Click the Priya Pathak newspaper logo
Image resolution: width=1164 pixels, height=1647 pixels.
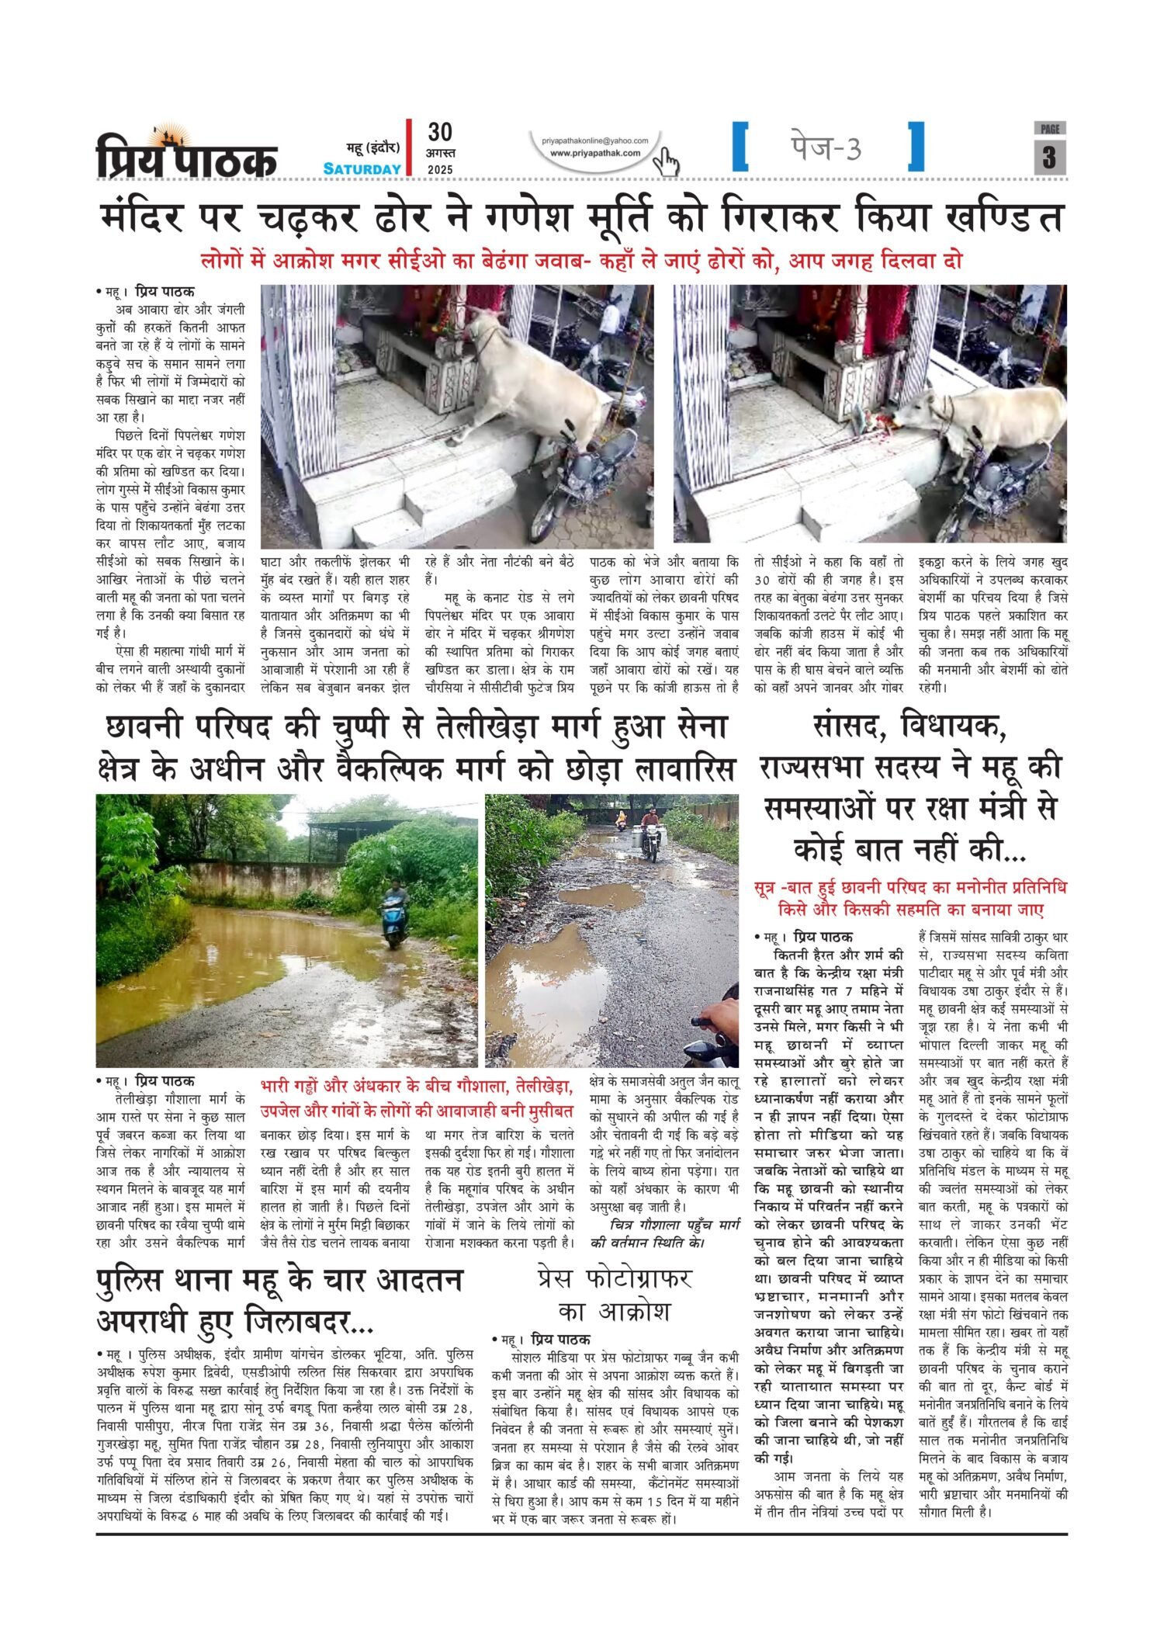[x=186, y=153]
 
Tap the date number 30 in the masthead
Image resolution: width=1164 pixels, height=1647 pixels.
[x=440, y=131]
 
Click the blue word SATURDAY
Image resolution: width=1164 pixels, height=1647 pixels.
[x=362, y=169]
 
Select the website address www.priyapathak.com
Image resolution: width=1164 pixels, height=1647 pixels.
[x=595, y=153]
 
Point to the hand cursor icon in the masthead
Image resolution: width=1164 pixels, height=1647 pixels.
[x=666, y=162]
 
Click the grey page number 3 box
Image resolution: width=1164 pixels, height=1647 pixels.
[x=1049, y=157]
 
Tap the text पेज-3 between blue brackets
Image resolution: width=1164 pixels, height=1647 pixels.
[x=826, y=147]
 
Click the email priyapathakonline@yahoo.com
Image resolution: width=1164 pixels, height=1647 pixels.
[x=595, y=140]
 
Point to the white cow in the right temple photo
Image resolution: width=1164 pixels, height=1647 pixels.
[x=986, y=419]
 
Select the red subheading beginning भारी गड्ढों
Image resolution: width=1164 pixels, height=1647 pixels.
[x=417, y=1096]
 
